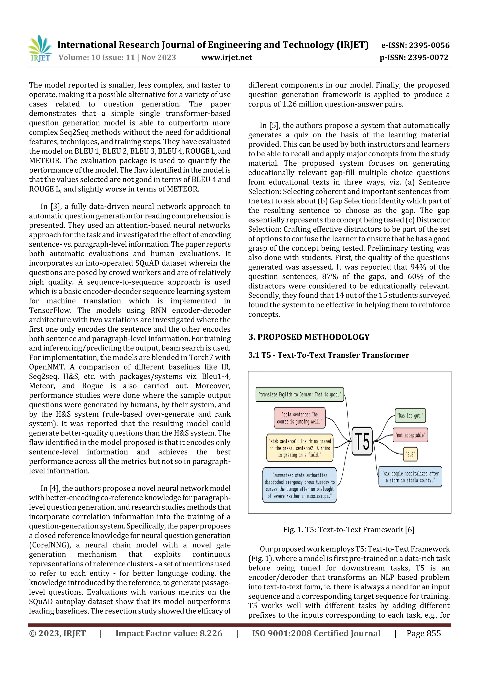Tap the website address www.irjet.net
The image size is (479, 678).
(x=226, y=57)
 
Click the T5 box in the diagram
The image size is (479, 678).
(x=362, y=441)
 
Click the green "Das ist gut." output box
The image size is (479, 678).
(x=410, y=416)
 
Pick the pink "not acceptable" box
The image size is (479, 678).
(x=410, y=435)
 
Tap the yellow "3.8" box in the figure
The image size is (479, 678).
(x=410, y=454)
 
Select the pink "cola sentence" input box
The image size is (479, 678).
(x=300, y=418)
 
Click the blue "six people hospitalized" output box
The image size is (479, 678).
(x=410, y=476)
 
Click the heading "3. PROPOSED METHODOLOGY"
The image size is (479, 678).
(x=309, y=337)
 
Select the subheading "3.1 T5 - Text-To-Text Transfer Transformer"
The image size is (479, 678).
(x=328, y=355)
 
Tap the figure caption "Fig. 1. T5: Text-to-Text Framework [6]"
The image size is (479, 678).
(x=348, y=529)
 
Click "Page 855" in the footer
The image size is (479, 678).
(x=424, y=633)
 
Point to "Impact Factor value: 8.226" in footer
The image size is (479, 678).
(x=169, y=633)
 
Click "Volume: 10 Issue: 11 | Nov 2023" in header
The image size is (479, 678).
(x=117, y=57)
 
